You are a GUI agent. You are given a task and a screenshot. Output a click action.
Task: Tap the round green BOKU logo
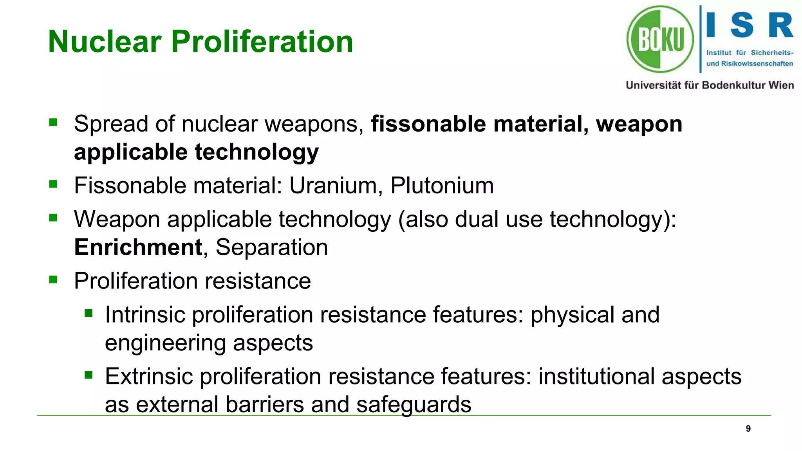tap(660, 39)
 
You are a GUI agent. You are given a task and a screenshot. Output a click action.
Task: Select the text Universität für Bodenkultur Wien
tap(710, 85)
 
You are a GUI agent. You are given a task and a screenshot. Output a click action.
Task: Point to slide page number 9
tap(748, 429)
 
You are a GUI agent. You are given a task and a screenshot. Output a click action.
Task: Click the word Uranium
tap(333, 185)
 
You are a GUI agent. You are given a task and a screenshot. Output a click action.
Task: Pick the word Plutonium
tap(442, 185)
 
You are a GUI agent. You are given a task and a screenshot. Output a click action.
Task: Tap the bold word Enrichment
tap(138, 247)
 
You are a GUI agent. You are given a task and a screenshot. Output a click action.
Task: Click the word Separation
tap(271, 247)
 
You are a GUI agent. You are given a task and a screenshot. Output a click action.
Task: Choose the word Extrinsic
tap(149, 377)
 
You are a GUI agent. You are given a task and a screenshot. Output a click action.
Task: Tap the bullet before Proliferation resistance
tap(53, 280)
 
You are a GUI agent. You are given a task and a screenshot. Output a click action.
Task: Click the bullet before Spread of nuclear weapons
tap(53, 123)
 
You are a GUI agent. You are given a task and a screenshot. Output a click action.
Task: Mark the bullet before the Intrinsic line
tap(89, 313)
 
